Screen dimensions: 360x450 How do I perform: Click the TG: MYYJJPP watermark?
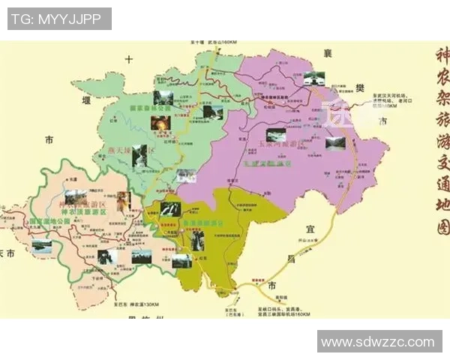click(59, 19)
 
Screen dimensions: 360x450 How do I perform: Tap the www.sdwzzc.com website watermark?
click(379, 342)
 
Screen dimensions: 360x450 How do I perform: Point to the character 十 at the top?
click(129, 58)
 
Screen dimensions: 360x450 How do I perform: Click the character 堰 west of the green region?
click(88, 98)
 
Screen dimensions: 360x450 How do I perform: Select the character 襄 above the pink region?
click(328, 52)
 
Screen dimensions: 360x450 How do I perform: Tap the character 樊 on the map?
click(360, 88)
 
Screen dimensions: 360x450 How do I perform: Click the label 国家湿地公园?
click(49, 222)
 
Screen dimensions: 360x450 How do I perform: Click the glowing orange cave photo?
click(160, 123)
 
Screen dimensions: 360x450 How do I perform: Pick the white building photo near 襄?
click(314, 79)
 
